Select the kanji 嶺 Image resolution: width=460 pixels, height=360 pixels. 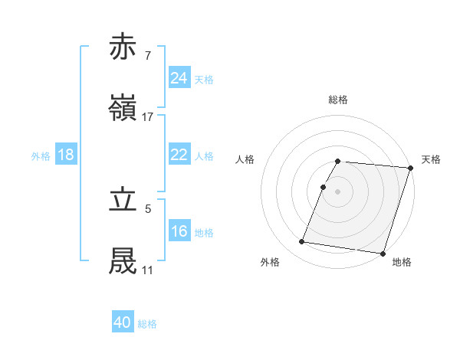[x=123, y=109]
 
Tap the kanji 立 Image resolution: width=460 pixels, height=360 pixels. [x=123, y=198]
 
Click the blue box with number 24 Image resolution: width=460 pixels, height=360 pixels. [x=179, y=77]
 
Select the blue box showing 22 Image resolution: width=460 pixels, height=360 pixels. [x=179, y=155]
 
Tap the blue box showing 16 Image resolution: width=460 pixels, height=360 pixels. [x=179, y=231]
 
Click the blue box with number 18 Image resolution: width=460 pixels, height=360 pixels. [x=66, y=155]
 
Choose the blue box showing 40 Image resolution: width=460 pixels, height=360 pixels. [x=123, y=322]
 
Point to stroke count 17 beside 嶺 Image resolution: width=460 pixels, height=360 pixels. [x=148, y=116]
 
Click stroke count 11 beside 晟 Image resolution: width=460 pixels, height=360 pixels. [x=147, y=270]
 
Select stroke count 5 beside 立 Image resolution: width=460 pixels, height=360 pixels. [x=147, y=207]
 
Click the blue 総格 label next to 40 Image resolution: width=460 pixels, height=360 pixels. [x=147, y=324]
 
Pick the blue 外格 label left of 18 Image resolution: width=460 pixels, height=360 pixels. [x=41, y=155]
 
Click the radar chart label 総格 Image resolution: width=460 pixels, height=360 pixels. [x=338, y=100]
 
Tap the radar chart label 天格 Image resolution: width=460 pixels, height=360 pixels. [x=431, y=159]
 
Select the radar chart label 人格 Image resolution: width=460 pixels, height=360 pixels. [x=245, y=159]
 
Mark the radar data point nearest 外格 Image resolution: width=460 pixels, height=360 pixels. [x=301, y=242]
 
